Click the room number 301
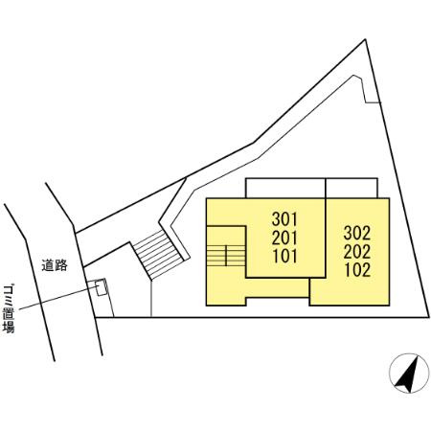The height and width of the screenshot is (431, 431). point(284,219)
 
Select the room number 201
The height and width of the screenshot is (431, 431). point(284,238)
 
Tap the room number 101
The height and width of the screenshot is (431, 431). point(284,256)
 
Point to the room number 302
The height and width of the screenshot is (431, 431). point(357,233)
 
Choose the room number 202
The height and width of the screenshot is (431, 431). point(357,252)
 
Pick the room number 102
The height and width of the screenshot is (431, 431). point(357,270)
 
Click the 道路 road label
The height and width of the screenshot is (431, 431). point(55,265)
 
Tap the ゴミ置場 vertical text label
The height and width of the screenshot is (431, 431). point(9,308)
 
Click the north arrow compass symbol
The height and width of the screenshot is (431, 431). point(409,374)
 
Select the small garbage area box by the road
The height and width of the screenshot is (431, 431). point(102,287)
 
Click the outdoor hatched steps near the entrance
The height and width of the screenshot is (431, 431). point(158,255)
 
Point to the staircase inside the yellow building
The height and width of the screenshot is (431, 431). point(226,256)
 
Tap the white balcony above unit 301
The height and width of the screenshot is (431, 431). point(285,188)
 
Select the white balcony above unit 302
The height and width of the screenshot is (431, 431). point(352,188)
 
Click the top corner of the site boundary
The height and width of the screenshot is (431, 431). point(365,39)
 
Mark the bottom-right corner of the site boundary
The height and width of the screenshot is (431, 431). point(428,317)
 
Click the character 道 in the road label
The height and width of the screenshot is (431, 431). point(48,265)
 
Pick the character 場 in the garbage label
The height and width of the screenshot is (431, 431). point(9,328)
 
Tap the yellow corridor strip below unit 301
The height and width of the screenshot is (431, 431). point(277,287)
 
